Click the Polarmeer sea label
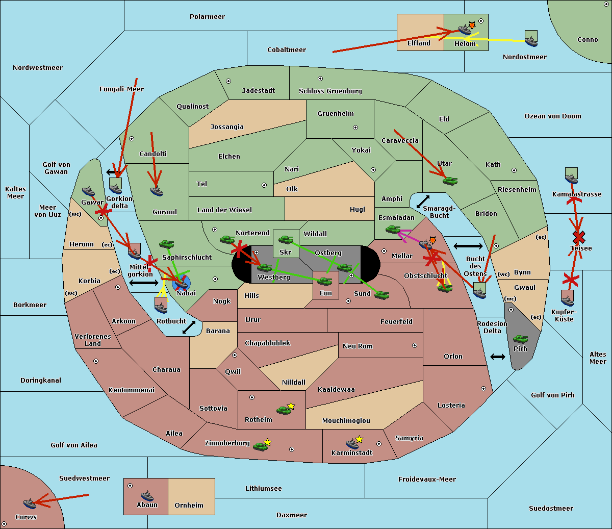pyautogui.click(x=207, y=17)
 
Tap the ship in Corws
pyautogui.click(x=30, y=504)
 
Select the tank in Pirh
pyautogui.click(x=520, y=339)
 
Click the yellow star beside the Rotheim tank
pyautogui.click(x=291, y=406)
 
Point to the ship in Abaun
pyautogui.click(x=147, y=496)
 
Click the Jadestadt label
pyautogui.click(x=259, y=91)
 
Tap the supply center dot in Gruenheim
pyautogui.click(x=355, y=128)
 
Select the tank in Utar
pyautogui.click(x=450, y=181)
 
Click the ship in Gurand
pyautogui.click(x=157, y=191)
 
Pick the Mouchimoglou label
pyautogui.click(x=346, y=420)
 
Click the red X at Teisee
pyautogui.click(x=578, y=237)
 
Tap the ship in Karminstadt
pyautogui.click(x=352, y=444)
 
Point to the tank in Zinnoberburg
pyautogui.click(x=260, y=446)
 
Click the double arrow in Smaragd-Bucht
pyautogui.click(x=423, y=201)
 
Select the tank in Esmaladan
pyautogui.click(x=393, y=230)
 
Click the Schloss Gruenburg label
pyautogui.click(x=330, y=91)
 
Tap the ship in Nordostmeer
pyautogui.click(x=531, y=41)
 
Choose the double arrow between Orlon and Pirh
pyautogui.click(x=498, y=357)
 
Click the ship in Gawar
pyautogui.click(x=88, y=191)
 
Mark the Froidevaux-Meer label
pyautogui.click(x=427, y=479)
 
